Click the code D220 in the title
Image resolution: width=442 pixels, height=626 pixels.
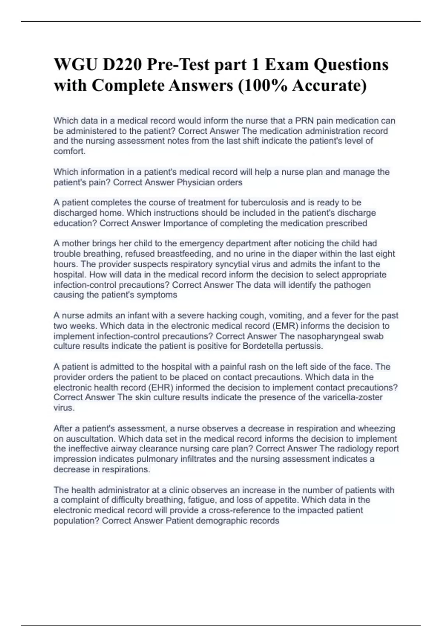[121, 65]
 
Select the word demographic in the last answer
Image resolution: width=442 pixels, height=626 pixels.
[221, 521]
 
